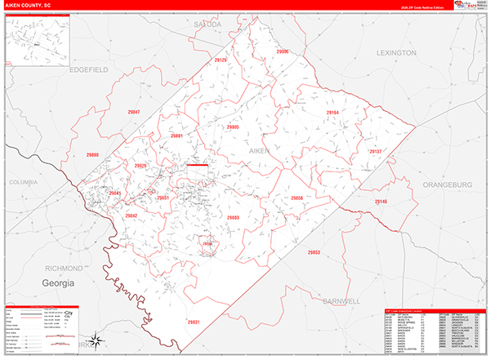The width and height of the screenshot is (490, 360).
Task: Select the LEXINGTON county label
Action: [396, 52]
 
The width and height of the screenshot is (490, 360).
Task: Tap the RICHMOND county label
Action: [64, 268]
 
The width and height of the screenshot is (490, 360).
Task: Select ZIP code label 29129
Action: [221, 60]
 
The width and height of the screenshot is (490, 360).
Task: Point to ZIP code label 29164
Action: [332, 112]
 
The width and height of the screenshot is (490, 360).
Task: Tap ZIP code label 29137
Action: [375, 152]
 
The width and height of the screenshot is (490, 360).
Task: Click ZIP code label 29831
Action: [194, 322]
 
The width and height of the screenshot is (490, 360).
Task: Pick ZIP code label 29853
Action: [314, 253]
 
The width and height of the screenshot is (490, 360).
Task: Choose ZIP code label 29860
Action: [92, 154]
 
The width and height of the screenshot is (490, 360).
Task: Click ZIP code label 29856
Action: [296, 198]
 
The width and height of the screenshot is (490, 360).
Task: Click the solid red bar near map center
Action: [198, 164]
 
